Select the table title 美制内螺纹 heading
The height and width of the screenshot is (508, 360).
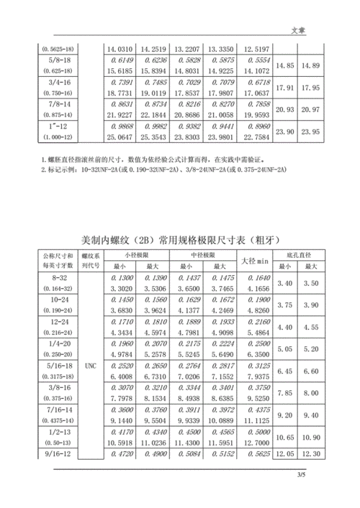coord(179,239)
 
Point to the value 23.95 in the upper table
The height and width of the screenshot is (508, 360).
coord(310,132)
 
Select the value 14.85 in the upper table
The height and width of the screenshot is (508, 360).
coord(286,65)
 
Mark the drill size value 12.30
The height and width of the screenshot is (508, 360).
coord(310,455)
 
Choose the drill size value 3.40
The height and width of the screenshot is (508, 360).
coord(286,283)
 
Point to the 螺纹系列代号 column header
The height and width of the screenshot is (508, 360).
coord(91,260)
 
